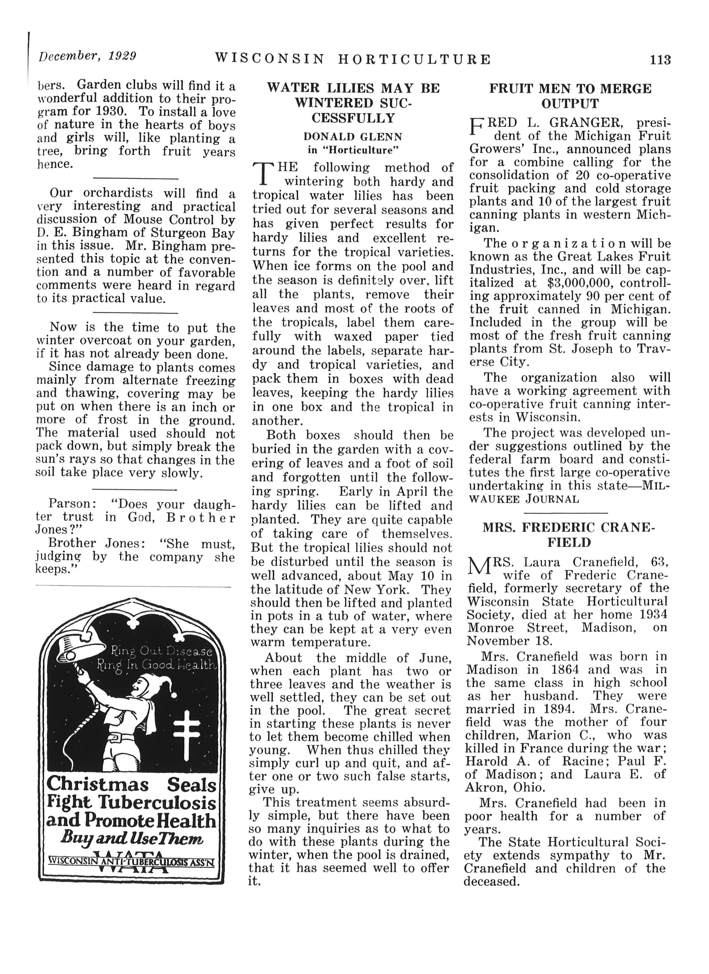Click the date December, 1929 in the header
coord(88,56)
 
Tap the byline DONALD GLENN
coord(353,137)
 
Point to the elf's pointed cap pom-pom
coord(174,694)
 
